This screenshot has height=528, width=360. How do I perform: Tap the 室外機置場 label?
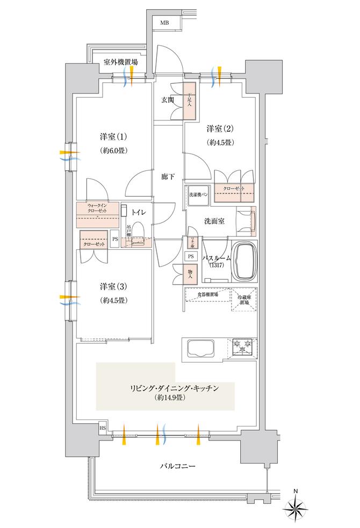[120, 62]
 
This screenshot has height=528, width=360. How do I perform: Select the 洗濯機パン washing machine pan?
[198, 194]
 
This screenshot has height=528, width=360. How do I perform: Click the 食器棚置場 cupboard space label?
[207, 295]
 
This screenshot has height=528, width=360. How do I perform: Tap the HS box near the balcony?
[102, 428]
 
